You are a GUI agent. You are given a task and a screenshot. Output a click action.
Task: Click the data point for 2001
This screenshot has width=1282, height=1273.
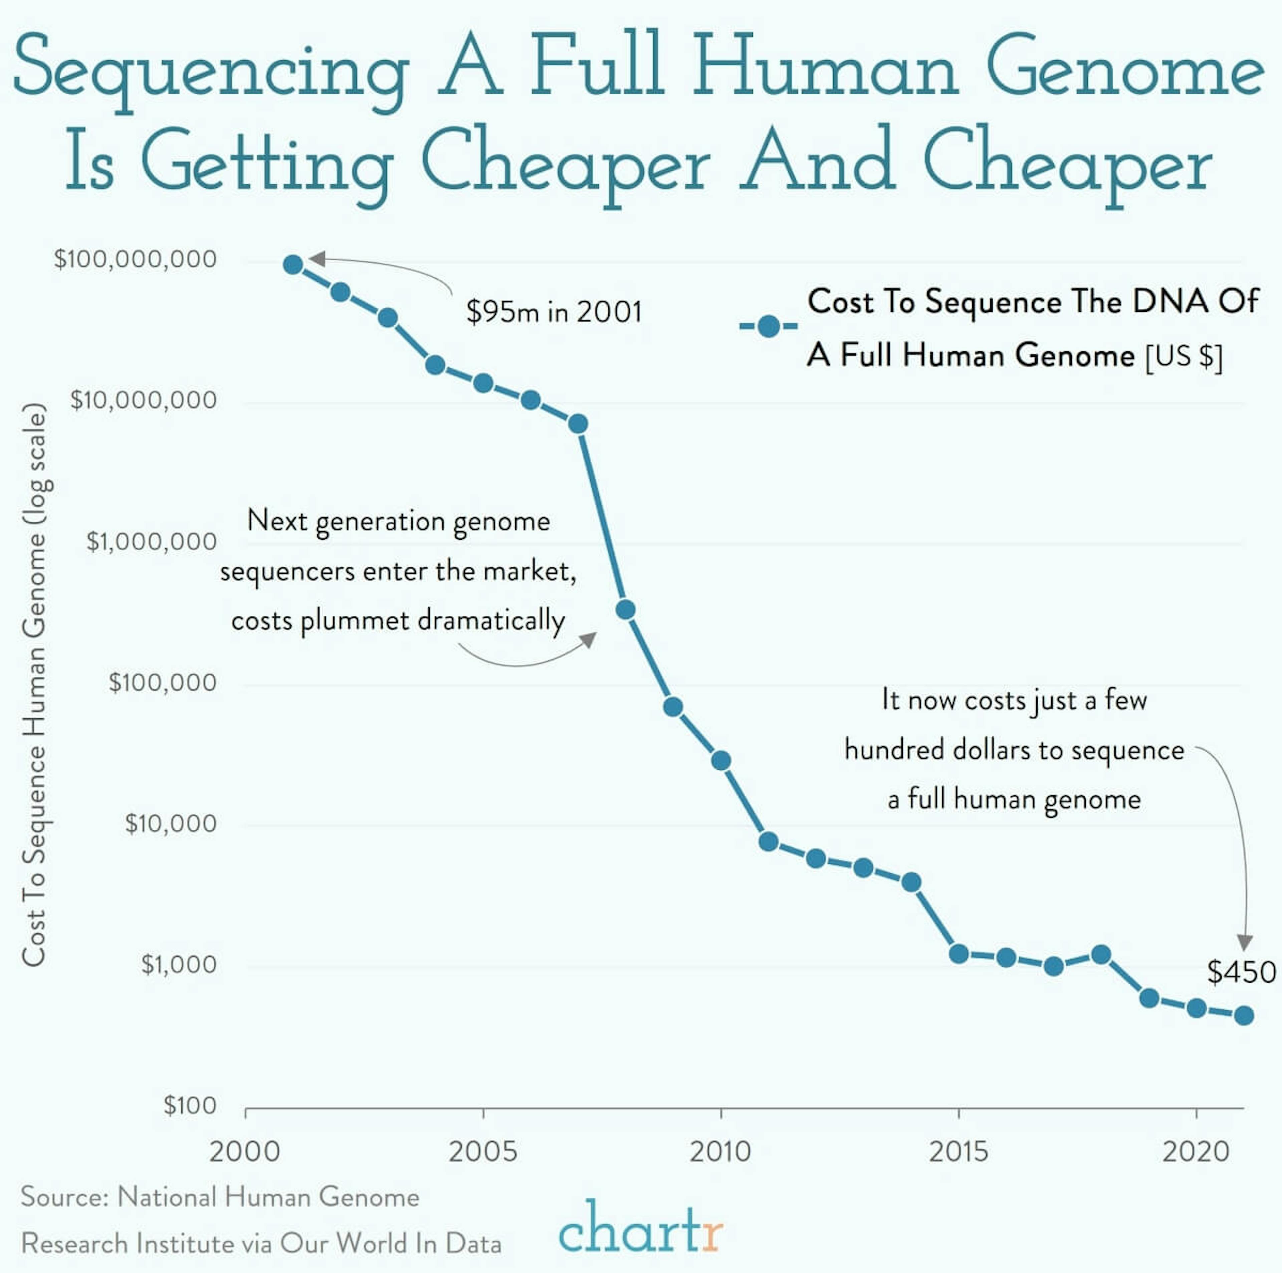pos(293,265)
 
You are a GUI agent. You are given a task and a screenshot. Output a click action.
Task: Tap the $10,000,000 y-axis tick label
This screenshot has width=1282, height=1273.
pos(143,400)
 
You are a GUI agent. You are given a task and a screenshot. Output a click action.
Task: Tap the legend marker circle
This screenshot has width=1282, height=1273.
pos(769,326)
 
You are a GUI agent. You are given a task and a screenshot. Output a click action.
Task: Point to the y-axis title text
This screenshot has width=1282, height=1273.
pos(34,683)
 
